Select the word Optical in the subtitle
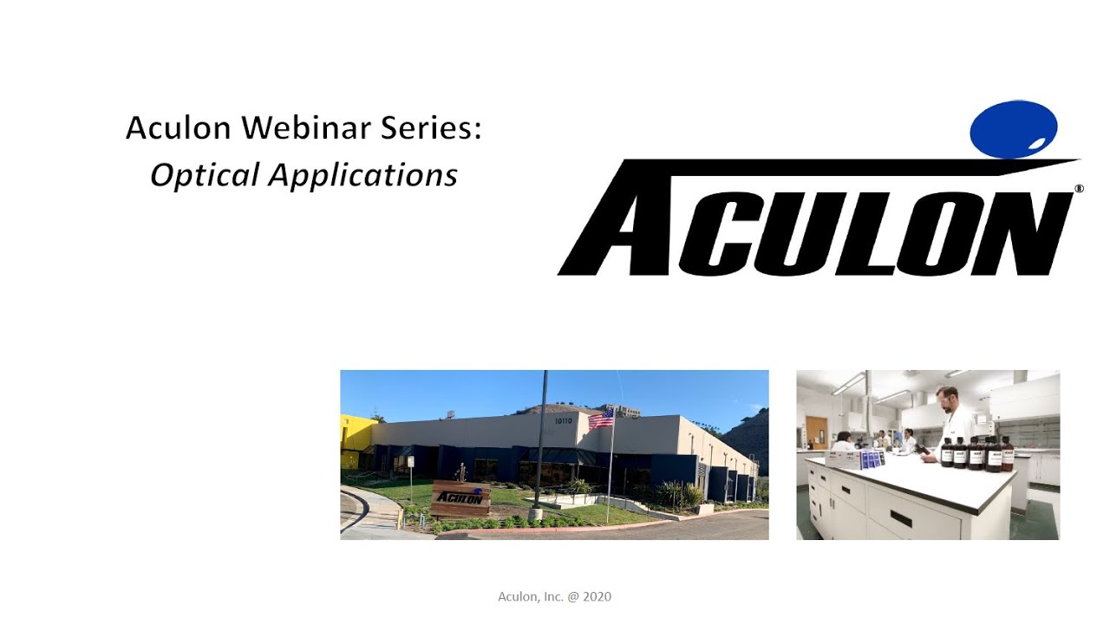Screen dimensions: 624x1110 click(205, 175)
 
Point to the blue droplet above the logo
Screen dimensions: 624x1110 click(1014, 129)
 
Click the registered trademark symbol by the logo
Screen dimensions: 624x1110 click(1079, 188)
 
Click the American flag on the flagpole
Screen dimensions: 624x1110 click(601, 419)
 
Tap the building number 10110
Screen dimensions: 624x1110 click(565, 420)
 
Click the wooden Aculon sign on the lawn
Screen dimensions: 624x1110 click(460, 497)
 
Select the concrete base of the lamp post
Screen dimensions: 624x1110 click(536, 514)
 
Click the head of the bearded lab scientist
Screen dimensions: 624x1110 click(948, 399)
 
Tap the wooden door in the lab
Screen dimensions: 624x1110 click(816, 432)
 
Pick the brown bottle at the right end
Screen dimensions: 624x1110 click(1007, 454)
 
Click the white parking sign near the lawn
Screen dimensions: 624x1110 click(410, 462)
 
